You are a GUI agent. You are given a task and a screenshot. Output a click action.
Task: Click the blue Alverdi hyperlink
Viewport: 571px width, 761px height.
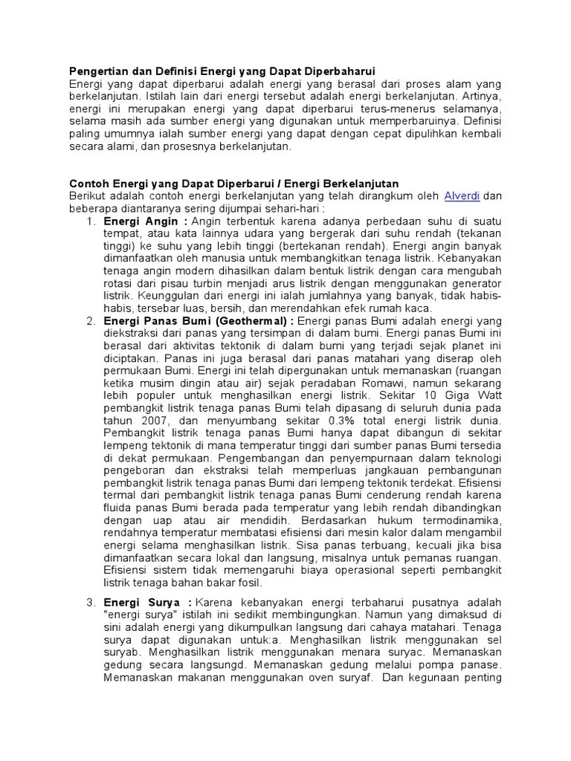point(461,196)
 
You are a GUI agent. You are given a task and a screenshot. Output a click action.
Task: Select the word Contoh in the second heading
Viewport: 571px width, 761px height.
point(88,184)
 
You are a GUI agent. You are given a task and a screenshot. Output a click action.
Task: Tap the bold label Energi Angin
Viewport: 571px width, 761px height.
point(141,221)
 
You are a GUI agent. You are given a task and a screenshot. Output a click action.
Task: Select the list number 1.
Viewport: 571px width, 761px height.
point(90,221)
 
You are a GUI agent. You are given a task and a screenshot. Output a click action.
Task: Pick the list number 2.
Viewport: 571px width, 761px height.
point(90,321)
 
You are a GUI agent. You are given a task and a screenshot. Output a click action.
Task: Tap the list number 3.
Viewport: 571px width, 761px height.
point(90,602)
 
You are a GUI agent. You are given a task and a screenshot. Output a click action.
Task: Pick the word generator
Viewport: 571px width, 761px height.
point(477,284)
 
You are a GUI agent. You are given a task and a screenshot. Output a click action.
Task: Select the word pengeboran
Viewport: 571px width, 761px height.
point(135,470)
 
